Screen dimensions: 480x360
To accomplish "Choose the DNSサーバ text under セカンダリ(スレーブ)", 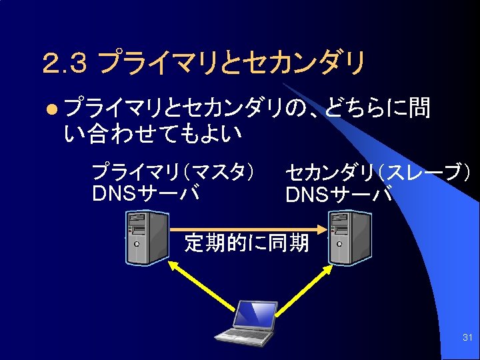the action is [x=339, y=195].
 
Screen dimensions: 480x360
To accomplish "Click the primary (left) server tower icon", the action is [x=147, y=238].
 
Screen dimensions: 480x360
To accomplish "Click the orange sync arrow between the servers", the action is [x=247, y=229].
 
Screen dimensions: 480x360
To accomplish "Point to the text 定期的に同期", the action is [x=246, y=243].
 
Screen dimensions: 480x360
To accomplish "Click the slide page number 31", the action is [x=467, y=339].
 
